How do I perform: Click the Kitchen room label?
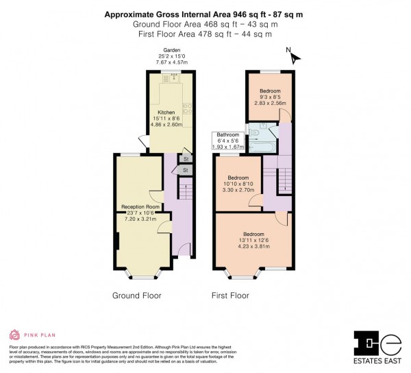[x=166, y=112]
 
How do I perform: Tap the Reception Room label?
[x=140, y=206]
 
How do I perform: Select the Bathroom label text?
[x=228, y=135]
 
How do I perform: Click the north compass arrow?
[x=293, y=58]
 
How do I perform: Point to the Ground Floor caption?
[x=136, y=296]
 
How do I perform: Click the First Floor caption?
[x=229, y=296]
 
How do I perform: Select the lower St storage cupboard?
[x=184, y=169]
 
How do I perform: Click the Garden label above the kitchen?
[x=162, y=50]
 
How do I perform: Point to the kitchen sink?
[x=173, y=78]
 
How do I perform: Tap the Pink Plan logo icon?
[x=14, y=335]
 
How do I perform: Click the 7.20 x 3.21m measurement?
[x=140, y=219]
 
